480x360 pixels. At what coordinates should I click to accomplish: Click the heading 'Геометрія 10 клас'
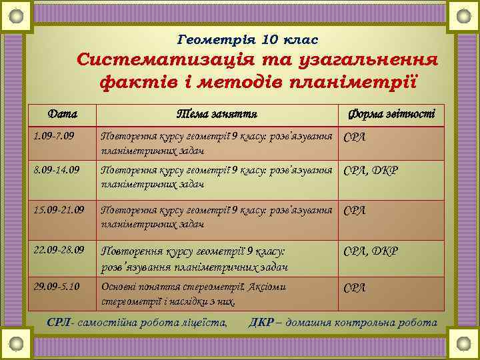[x=249, y=40]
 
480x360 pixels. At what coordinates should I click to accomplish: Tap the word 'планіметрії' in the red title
[x=359, y=83]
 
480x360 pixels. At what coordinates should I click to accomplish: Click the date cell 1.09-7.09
[x=54, y=137]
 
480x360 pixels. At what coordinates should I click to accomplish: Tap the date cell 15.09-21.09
[x=59, y=210]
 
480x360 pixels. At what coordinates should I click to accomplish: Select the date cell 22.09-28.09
[x=59, y=251]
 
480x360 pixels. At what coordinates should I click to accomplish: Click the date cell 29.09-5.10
[x=57, y=286]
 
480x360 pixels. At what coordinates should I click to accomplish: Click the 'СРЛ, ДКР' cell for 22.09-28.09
[x=370, y=251]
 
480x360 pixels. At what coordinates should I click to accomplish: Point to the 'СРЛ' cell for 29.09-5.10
[x=354, y=287]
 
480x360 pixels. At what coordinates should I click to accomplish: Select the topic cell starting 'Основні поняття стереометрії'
[x=193, y=293]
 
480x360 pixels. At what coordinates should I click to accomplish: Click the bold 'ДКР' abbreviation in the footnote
[x=260, y=323]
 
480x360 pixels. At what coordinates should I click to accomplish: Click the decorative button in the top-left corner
[x=17, y=15]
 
